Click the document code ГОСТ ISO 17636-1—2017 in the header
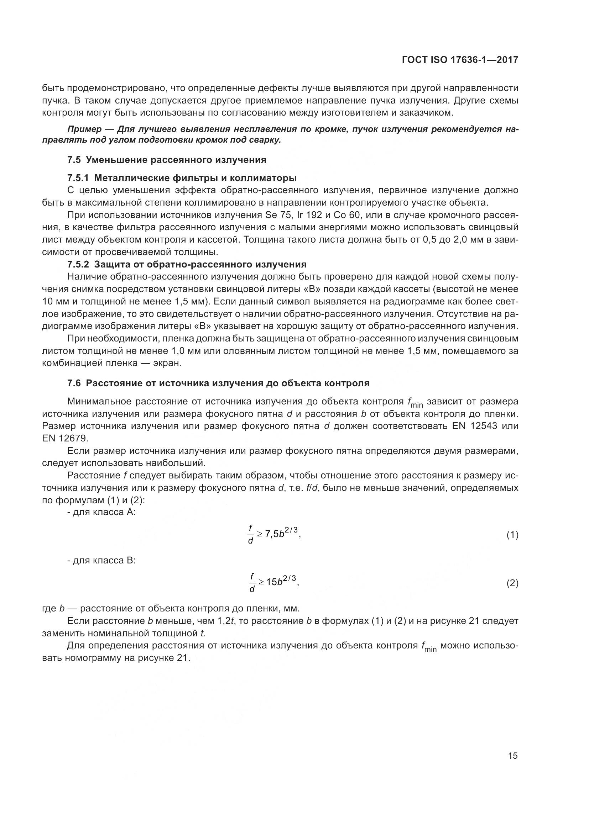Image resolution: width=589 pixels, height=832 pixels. pyautogui.click(x=460, y=60)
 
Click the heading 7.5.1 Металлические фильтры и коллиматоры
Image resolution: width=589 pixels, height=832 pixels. pyautogui.click(x=182, y=178)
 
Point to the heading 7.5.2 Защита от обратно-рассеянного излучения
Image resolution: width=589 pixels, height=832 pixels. pyautogui.click(x=187, y=264)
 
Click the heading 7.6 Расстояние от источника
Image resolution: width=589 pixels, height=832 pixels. pyautogui.click(x=218, y=383)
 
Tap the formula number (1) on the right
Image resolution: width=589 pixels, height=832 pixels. pyautogui.click(x=512, y=535)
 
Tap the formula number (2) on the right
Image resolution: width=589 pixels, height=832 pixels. pyautogui.click(x=512, y=583)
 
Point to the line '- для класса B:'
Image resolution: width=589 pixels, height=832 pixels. pyautogui.click(x=101, y=561)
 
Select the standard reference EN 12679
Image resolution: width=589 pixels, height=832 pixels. pyautogui.click(x=64, y=439)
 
